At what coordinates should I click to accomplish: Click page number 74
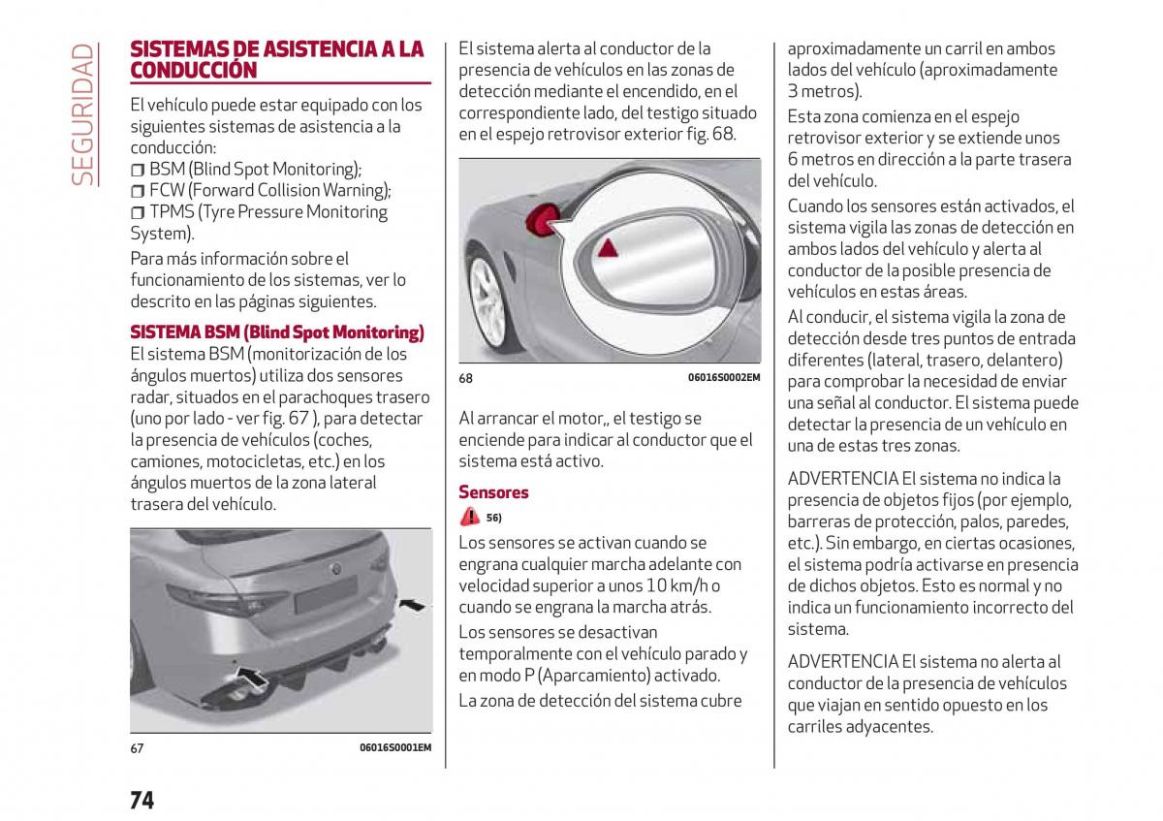click(x=141, y=801)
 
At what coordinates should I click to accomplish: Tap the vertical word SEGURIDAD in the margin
click(x=82, y=114)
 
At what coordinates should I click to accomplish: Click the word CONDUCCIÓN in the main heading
click(x=194, y=70)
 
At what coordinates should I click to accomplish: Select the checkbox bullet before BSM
click(x=138, y=170)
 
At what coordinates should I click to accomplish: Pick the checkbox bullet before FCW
click(x=138, y=191)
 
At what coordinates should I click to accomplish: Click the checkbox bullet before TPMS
click(x=138, y=212)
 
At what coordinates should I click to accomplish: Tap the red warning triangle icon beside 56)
click(x=470, y=517)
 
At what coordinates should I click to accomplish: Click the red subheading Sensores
click(x=493, y=491)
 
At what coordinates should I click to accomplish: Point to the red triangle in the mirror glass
click(x=608, y=248)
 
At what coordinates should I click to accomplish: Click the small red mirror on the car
click(x=543, y=220)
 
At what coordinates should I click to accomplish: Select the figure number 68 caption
click(x=466, y=378)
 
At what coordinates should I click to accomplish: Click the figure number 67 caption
click(x=137, y=748)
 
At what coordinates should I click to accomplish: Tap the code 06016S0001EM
click(x=395, y=747)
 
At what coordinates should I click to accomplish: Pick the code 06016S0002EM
click(x=724, y=377)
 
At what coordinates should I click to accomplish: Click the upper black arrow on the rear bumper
click(x=412, y=605)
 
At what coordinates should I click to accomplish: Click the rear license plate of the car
click(x=326, y=593)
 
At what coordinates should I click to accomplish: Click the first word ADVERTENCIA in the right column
click(x=842, y=478)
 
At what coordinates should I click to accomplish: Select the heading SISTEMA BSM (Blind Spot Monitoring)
click(x=277, y=332)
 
